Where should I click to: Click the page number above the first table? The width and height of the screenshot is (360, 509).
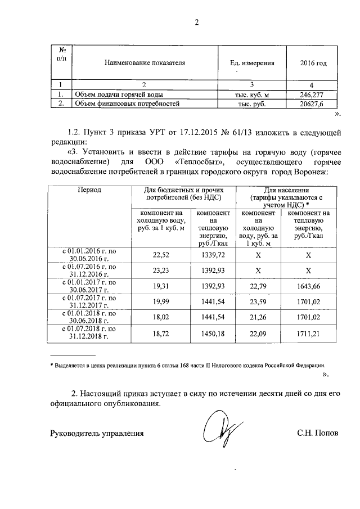[x=196, y=22]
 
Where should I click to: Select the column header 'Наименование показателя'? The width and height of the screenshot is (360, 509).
[x=145, y=63]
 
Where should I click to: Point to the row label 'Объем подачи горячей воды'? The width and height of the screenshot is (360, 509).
[x=113, y=94]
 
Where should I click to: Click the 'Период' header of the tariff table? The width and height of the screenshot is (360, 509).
[x=89, y=190]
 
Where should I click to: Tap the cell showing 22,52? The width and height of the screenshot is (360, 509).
[x=161, y=254]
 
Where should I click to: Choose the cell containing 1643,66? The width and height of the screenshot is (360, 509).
[x=308, y=286]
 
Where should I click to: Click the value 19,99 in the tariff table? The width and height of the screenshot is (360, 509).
[x=161, y=301]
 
